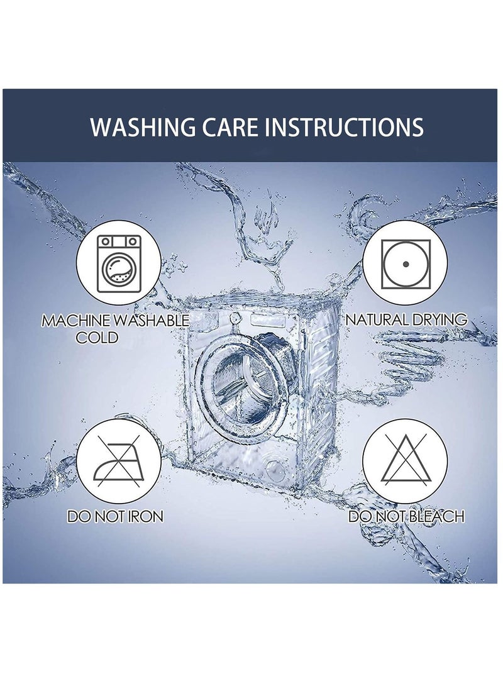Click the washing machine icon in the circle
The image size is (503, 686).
pyautogui.click(x=119, y=264)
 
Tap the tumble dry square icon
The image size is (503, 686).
pyautogui.click(x=406, y=264)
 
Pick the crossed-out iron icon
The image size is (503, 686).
pyautogui.click(x=119, y=461)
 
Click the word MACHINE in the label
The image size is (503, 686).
pyautogui.click(x=75, y=321)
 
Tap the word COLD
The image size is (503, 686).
pyautogui.click(x=97, y=338)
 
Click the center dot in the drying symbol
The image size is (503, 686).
pyautogui.click(x=406, y=264)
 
